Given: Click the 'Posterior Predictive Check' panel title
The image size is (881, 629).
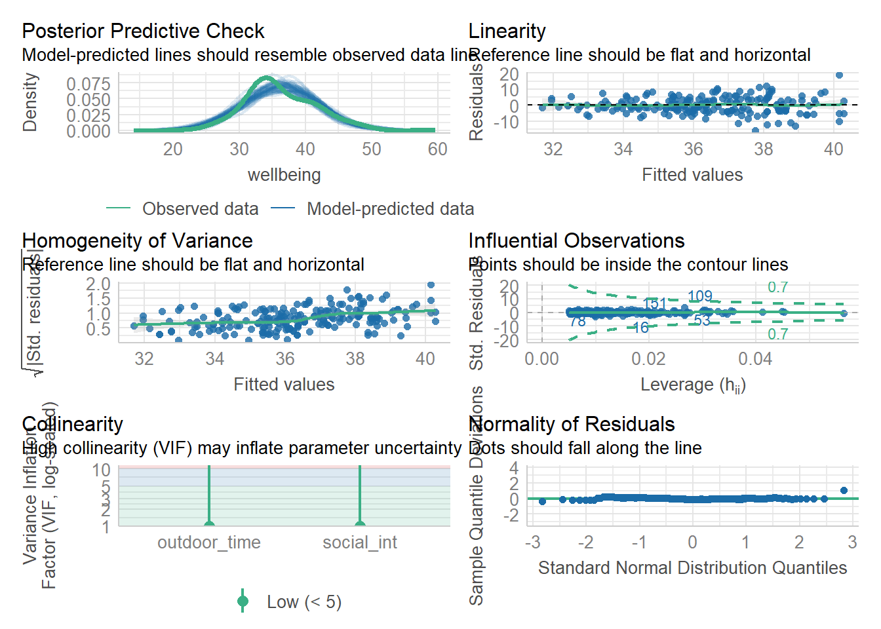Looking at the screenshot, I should point(143,31).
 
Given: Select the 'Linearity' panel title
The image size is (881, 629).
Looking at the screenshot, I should point(507,31).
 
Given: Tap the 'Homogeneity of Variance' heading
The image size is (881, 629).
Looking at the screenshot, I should point(137,240).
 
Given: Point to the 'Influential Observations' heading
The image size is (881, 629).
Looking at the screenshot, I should point(576,240).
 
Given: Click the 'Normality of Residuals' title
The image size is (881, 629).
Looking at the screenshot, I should point(572,424).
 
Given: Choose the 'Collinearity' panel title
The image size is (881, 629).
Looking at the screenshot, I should point(72,424).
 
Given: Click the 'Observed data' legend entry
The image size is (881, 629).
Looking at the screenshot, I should point(200,208).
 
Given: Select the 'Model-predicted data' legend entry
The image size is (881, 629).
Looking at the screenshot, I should point(390,208).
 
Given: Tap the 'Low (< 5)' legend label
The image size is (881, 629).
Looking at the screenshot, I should point(303,601).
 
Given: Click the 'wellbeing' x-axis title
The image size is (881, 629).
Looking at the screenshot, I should point(284,175).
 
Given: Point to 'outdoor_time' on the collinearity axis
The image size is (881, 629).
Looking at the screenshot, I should point(208,543).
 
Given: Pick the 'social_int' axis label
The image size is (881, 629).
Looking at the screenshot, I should point(359,543).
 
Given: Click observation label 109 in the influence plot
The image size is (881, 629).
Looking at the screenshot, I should point(699,296).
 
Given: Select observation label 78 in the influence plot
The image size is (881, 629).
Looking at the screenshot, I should point(577,321).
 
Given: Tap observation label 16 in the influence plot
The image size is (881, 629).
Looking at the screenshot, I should point(640,328).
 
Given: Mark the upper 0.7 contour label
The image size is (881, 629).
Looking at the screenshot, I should point(777,287).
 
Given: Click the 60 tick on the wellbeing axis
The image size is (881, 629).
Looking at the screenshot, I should point(437,149).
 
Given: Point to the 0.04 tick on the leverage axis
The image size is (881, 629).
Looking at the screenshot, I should point(755,359).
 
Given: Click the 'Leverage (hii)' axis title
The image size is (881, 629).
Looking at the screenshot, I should point(693,385).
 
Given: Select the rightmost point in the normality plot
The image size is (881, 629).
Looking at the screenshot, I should point(844,490).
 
